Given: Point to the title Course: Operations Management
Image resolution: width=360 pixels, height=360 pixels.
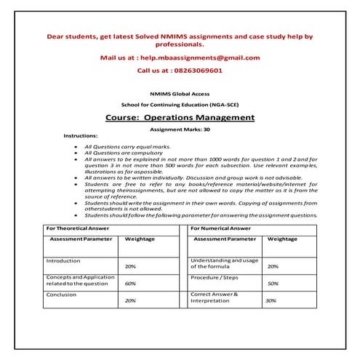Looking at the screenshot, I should tap(180, 117).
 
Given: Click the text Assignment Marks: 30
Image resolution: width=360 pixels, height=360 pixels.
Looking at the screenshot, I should tap(180, 129).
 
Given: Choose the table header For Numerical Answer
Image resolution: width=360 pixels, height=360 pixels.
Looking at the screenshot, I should tap(220, 228).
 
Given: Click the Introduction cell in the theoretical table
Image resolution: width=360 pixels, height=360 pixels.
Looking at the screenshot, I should tap(63, 260).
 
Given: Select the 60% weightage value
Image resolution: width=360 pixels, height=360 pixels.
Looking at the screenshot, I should tap(131, 284).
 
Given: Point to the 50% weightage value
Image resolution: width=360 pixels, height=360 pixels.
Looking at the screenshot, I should tap(273, 284).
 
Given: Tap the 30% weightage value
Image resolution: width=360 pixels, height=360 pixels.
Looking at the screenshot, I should tap(271, 300).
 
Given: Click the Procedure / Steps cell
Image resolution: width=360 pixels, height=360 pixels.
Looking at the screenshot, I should tap(215, 278).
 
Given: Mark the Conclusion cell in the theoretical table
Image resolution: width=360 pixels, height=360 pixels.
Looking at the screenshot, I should tap(61, 295).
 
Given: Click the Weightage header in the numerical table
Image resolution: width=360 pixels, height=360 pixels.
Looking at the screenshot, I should tap(282, 239).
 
